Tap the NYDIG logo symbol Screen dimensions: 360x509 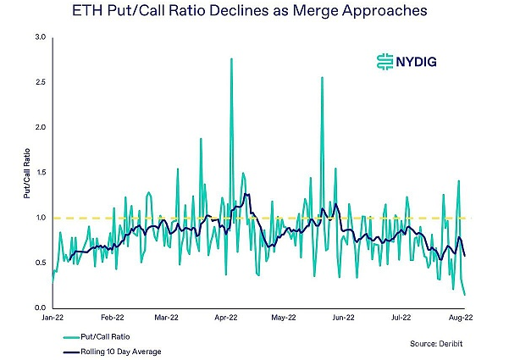pyautogui.click(x=385, y=61)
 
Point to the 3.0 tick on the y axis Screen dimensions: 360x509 pyautogui.click(x=40, y=37)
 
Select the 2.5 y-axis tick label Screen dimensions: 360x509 pyautogui.click(x=40, y=82)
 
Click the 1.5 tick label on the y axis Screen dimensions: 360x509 pyautogui.click(x=40, y=172)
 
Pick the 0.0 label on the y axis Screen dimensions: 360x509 pyautogui.click(x=40, y=307)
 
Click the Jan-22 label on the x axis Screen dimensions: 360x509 pyautogui.click(x=53, y=319)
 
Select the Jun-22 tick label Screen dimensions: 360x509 pyautogui.click(x=341, y=319)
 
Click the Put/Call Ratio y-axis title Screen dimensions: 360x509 pyautogui.click(x=26, y=173)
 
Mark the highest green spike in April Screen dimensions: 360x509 pyautogui.click(x=231, y=58)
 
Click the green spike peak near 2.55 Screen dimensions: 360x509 pyautogui.click(x=323, y=77)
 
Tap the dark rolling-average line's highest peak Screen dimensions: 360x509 pyautogui.click(x=246, y=194)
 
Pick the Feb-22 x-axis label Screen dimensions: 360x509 pyautogui.click(x=113, y=319)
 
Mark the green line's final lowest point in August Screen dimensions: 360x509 pyautogui.click(x=465, y=295)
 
